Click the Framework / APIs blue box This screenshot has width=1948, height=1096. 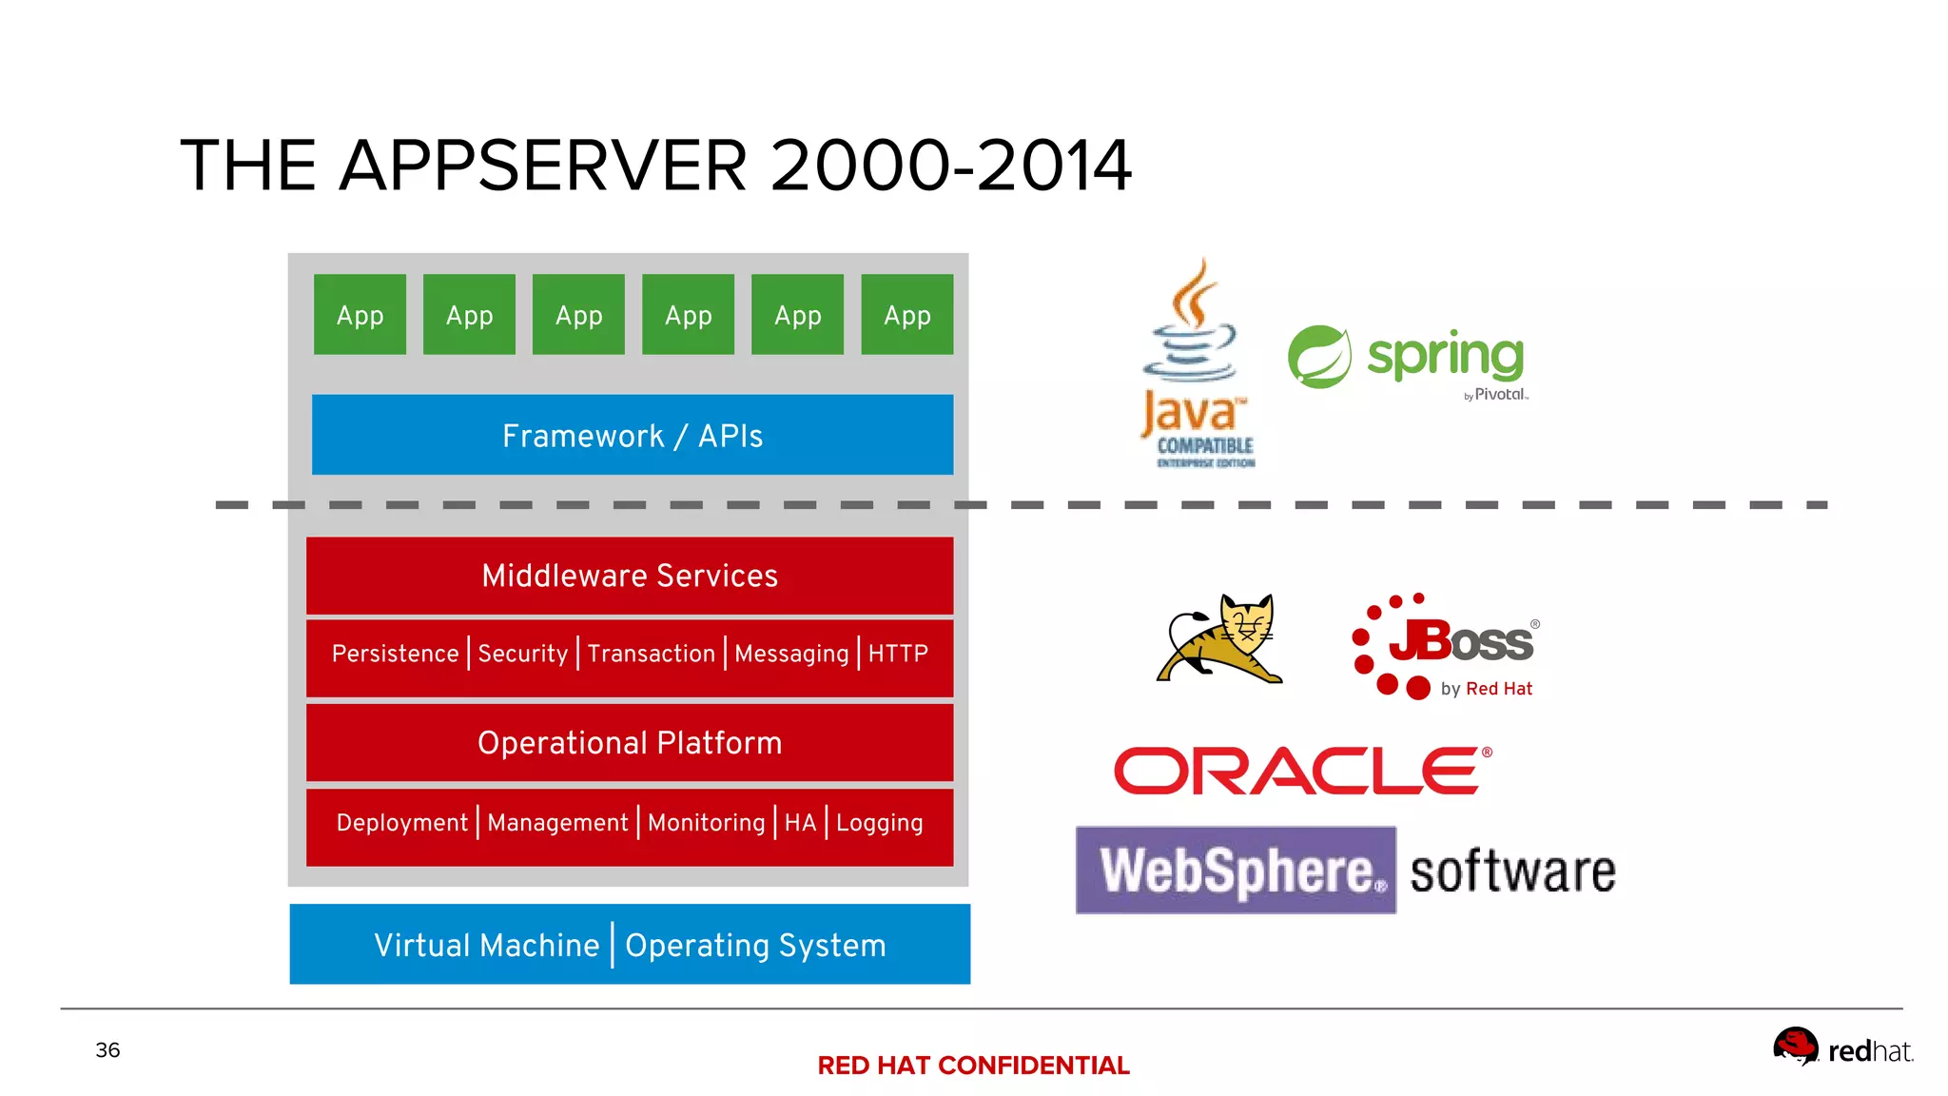click(x=632, y=435)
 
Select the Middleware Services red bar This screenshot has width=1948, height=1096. click(x=629, y=576)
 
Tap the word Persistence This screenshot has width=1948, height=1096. click(x=395, y=654)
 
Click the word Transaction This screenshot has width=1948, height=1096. click(x=651, y=654)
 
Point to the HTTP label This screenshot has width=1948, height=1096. click(x=897, y=654)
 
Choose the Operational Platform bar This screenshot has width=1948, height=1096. click(x=629, y=742)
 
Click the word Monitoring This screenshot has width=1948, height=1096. click(x=706, y=822)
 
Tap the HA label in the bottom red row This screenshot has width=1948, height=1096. click(x=800, y=822)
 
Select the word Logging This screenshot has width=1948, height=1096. click(x=879, y=822)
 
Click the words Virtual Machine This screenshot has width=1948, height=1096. click(x=486, y=945)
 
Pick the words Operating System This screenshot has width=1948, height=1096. click(x=755, y=945)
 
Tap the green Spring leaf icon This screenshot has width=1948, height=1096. click(x=1319, y=357)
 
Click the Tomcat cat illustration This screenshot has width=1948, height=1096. click(x=1220, y=638)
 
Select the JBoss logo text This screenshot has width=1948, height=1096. click(x=1461, y=642)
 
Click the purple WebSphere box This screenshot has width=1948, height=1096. click(x=1236, y=870)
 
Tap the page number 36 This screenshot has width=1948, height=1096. click(x=107, y=1049)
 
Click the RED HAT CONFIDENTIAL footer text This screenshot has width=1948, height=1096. click(x=973, y=1066)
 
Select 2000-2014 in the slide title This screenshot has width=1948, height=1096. click(x=950, y=166)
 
